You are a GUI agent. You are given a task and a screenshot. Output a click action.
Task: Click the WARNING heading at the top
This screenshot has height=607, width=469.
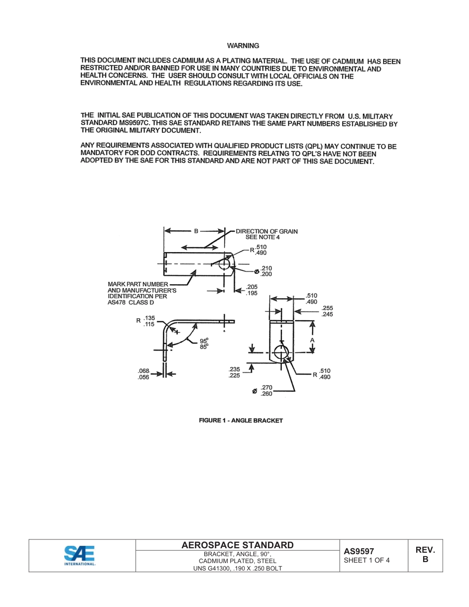pos(243,46)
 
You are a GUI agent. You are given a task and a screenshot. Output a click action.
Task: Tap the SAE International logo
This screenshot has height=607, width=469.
pos(79,555)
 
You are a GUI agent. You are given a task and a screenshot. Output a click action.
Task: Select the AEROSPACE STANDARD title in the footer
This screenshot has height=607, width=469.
pos(237,545)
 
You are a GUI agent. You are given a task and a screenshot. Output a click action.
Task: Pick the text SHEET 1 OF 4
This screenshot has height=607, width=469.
pos(367,560)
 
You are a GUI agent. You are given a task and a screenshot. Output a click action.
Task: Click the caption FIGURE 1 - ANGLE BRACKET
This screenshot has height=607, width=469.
pos(240,420)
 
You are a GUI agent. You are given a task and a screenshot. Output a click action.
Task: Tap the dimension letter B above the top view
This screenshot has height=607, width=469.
pos(195,230)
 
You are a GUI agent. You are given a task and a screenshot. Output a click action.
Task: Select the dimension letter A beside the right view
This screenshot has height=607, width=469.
pos(312,341)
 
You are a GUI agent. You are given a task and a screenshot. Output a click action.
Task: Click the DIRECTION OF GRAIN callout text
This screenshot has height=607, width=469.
pos(267,231)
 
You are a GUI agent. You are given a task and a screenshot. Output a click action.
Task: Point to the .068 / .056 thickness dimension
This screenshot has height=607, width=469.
pos(143,374)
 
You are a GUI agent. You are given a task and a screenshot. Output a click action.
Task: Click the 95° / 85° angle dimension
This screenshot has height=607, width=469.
pos(204,343)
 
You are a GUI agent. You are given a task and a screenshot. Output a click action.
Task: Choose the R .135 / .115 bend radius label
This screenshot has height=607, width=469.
pos(146,321)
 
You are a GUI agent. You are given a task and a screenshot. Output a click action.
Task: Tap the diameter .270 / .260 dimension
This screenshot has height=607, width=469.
pos(266,391)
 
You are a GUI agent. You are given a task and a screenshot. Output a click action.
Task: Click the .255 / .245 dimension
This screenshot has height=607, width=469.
pos(327,311)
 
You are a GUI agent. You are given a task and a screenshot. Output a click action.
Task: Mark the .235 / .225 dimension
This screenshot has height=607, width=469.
pos(234,372)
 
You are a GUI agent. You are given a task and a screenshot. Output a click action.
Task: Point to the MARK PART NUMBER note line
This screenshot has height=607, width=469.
pos(138,284)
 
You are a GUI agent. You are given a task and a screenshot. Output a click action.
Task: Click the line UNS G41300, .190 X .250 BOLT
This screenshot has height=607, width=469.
pos(237,568)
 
